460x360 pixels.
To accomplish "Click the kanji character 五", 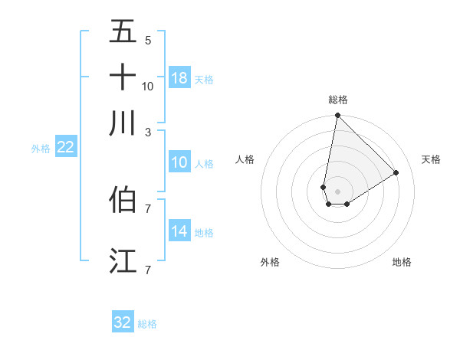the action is [x=123, y=32].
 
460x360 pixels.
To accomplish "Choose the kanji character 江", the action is [x=123, y=260].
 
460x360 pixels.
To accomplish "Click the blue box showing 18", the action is [x=179, y=78].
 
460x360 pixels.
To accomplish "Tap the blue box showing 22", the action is [x=65, y=148].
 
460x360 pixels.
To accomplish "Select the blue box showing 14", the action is [x=179, y=231].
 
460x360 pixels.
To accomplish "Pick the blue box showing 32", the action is [x=123, y=322].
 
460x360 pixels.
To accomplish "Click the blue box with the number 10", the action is [x=179, y=162].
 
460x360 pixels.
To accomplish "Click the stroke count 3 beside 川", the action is [x=148, y=131].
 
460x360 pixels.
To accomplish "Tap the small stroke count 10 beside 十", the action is [x=148, y=86].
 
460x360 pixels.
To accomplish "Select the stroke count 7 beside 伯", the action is [x=148, y=208].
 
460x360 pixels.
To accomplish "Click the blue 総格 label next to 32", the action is [x=147, y=324].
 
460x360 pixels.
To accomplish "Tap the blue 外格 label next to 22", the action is [x=41, y=149].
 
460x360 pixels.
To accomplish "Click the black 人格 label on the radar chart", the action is [x=245, y=159].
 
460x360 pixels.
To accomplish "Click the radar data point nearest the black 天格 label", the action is [x=396, y=173].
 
